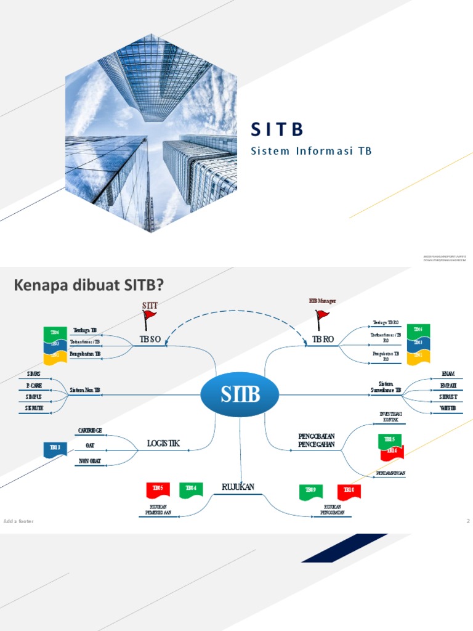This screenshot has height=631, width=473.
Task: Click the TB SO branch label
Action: point(150,340)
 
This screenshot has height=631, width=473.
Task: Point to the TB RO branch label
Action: point(323,340)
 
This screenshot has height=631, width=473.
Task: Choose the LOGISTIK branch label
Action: point(163,443)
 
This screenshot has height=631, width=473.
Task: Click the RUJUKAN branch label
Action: point(238,487)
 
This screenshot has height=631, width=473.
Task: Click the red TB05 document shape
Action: point(158,489)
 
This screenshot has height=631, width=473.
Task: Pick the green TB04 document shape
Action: point(191,489)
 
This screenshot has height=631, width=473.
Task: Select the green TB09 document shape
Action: point(310,491)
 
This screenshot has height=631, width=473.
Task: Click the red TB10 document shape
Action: point(349,491)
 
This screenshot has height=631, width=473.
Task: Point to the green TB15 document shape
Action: point(389,440)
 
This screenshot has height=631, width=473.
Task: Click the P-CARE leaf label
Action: point(34,385)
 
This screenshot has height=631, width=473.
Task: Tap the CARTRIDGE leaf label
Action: point(90,430)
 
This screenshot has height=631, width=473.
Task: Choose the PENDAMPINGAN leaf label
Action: point(390,473)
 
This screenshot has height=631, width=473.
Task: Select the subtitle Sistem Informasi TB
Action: point(311,151)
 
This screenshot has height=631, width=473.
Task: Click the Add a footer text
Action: point(18,521)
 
